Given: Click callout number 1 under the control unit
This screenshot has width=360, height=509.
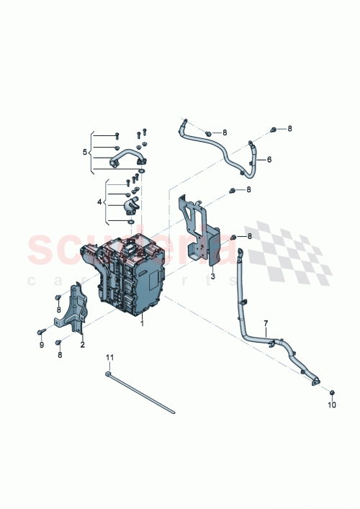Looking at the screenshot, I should click(143, 324).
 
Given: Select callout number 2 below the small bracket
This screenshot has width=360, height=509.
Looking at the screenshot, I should click(82, 345).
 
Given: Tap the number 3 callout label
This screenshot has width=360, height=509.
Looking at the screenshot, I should click(213, 276).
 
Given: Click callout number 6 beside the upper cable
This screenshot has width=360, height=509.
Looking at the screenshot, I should click(269, 160).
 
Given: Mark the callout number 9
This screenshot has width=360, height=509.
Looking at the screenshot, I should click(42, 345).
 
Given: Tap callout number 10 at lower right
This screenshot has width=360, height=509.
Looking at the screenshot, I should click(333, 406).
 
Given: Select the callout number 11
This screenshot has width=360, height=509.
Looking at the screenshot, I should click(110, 357).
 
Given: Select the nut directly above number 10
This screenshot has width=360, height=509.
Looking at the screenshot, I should click(333, 392).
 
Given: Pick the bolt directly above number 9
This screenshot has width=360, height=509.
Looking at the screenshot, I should click(42, 331).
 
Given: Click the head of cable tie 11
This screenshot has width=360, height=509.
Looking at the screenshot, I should click(107, 373).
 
